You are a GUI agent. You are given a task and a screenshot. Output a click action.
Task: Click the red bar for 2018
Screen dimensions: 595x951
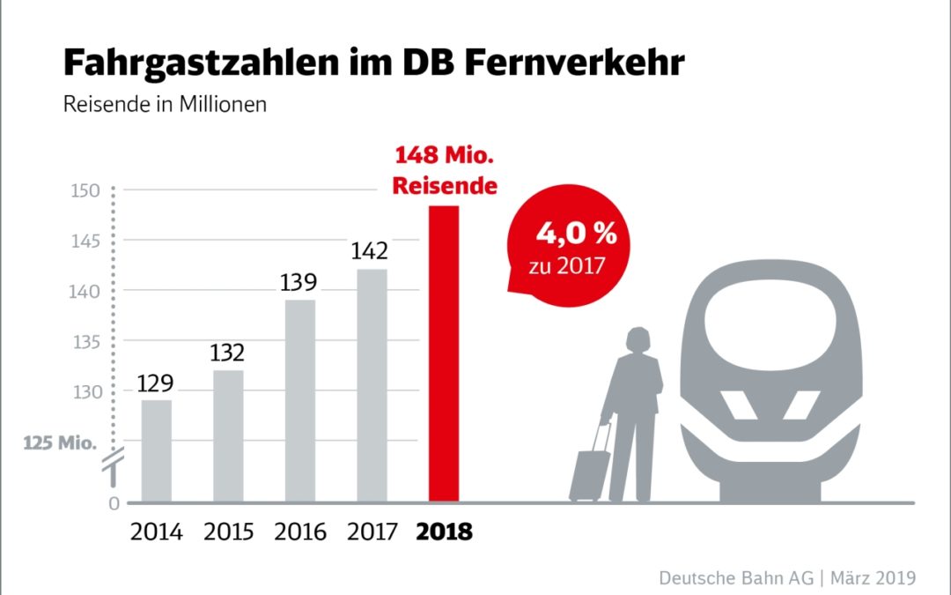pyautogui.click(x=443, y=353)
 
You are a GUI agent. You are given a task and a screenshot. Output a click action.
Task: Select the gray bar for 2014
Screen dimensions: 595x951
pyautogui.click(x=157, y=450)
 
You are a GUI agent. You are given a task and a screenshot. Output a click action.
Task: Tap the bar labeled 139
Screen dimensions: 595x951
pyautogui.click(x=300, y=401)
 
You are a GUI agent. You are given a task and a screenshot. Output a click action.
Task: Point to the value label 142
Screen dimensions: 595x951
pyautogui.click(x=369, y=251)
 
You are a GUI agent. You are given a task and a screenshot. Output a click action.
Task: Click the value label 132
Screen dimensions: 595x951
pyautogui.click(x=227, y=353)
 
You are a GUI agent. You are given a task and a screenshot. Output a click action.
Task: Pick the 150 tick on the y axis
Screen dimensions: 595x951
pyautogui.click(x=88, y=191)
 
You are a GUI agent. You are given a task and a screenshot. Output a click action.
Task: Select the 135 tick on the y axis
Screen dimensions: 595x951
pyautogui.click(x=88, y=342)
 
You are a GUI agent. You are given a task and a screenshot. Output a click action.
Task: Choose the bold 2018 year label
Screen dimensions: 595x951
pyautogui.click(x=443, y=532)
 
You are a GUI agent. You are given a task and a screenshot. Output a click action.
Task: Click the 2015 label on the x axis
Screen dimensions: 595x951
pyautogui.click(x=228, y=532)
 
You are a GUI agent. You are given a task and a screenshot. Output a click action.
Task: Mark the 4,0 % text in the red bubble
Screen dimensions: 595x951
pyautogui.click(x=577, y=236)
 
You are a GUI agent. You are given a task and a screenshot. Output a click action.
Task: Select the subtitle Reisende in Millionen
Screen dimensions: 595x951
pyautogui.click(x=165, y=104)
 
